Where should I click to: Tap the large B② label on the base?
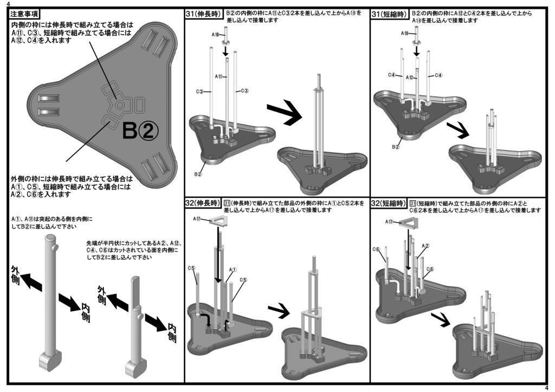140,130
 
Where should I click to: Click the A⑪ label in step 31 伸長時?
220,77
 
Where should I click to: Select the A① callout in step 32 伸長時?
233,269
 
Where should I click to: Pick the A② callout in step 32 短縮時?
425,246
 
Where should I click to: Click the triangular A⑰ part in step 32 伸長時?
218,219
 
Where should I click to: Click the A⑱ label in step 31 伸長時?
216,35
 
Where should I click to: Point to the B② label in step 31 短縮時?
396,147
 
